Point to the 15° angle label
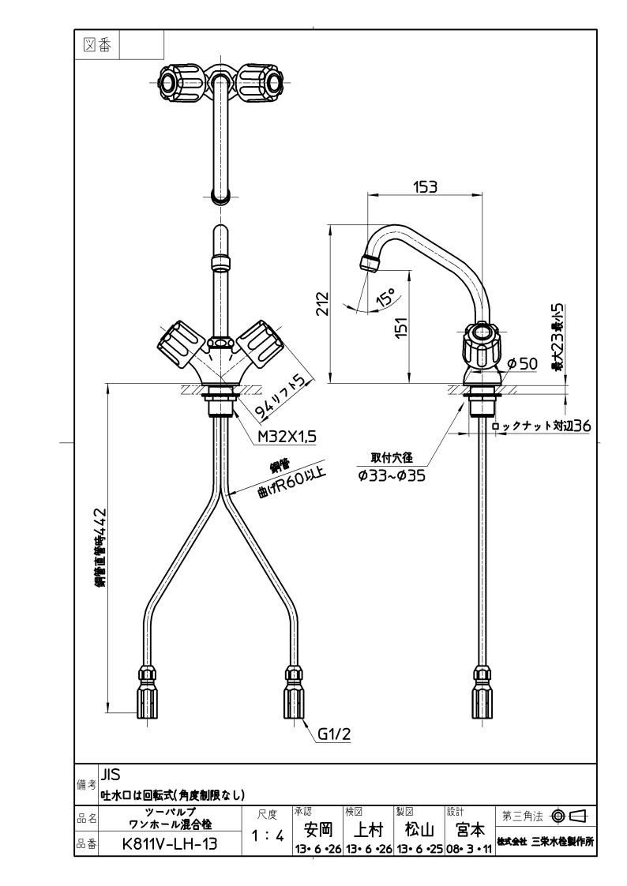(x=385, y=297)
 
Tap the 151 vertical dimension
(x=400, y=327)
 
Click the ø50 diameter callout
(x=523, y=364)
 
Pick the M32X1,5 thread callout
(x=287, y=436)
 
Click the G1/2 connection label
(x=334, y=734)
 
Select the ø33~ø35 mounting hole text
(x=392, y=476)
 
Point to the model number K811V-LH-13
(x=170, y=843)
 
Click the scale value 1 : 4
(x=267, y=835)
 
